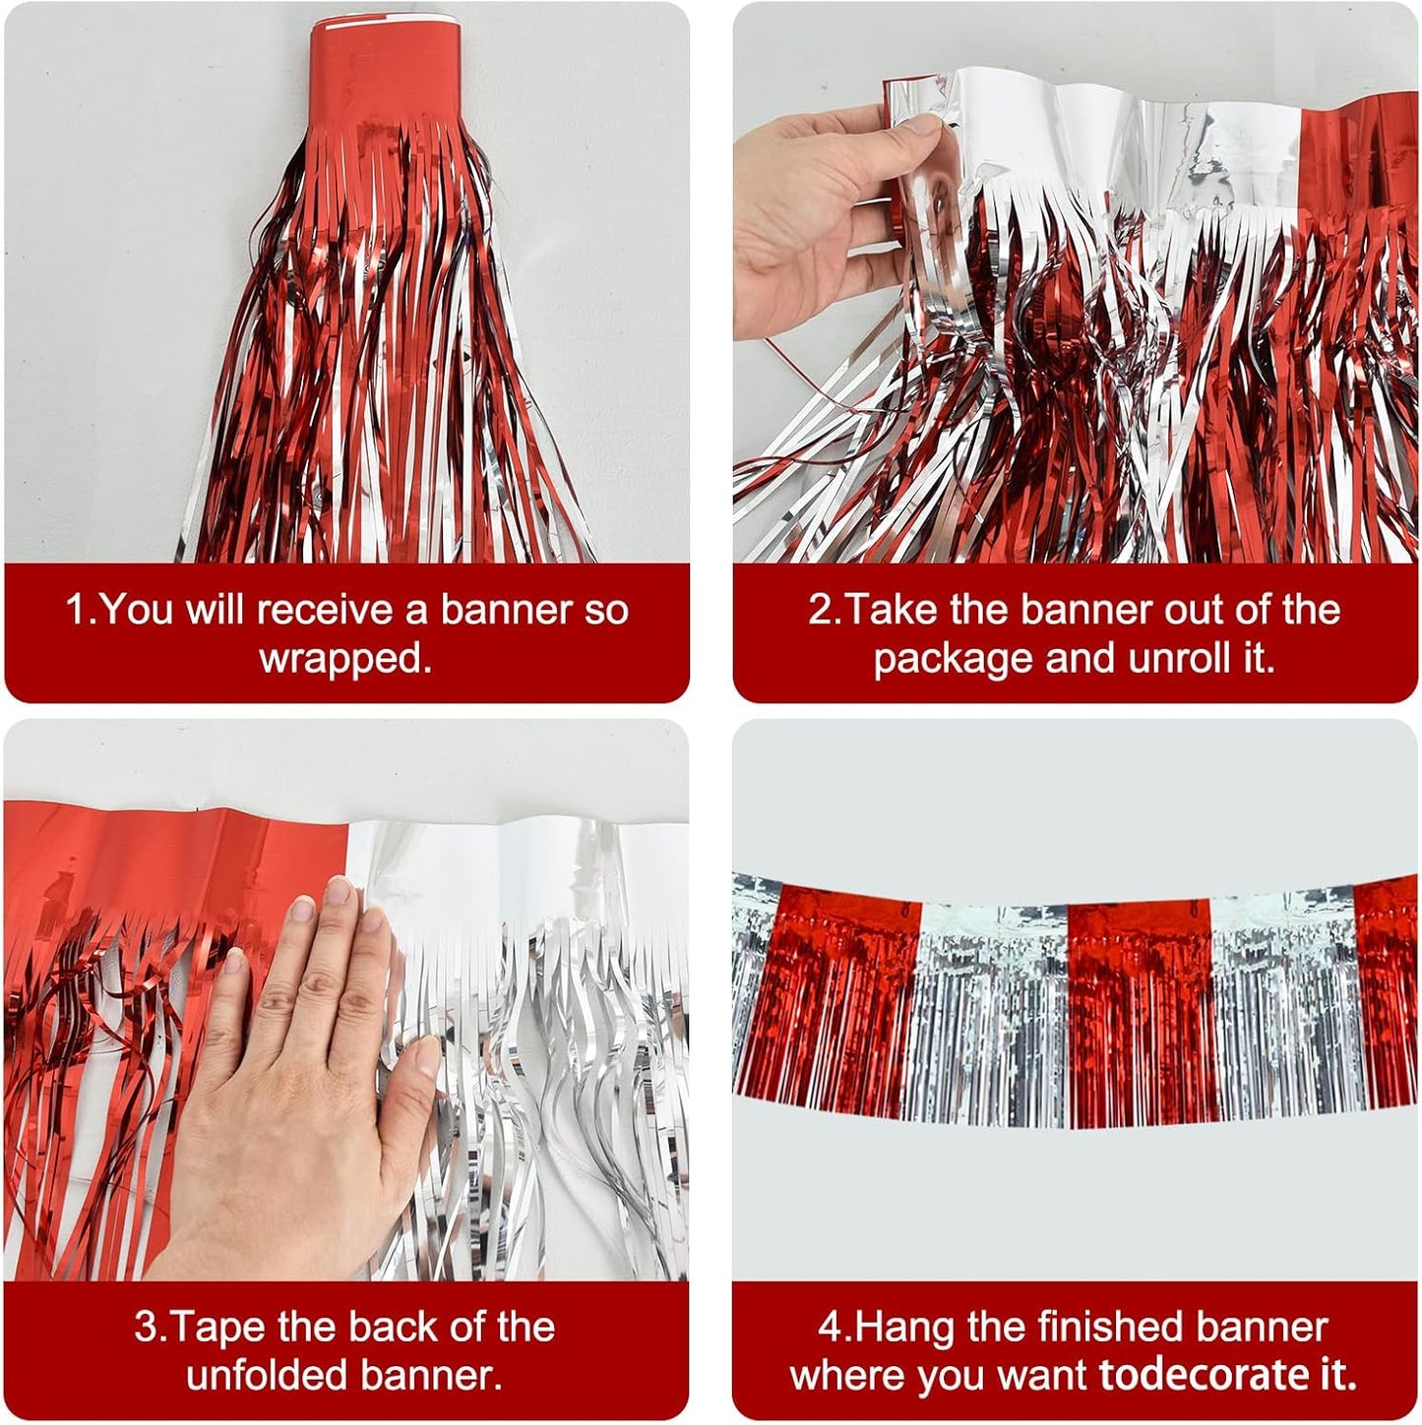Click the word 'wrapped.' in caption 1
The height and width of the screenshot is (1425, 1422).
tap(345, 659)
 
